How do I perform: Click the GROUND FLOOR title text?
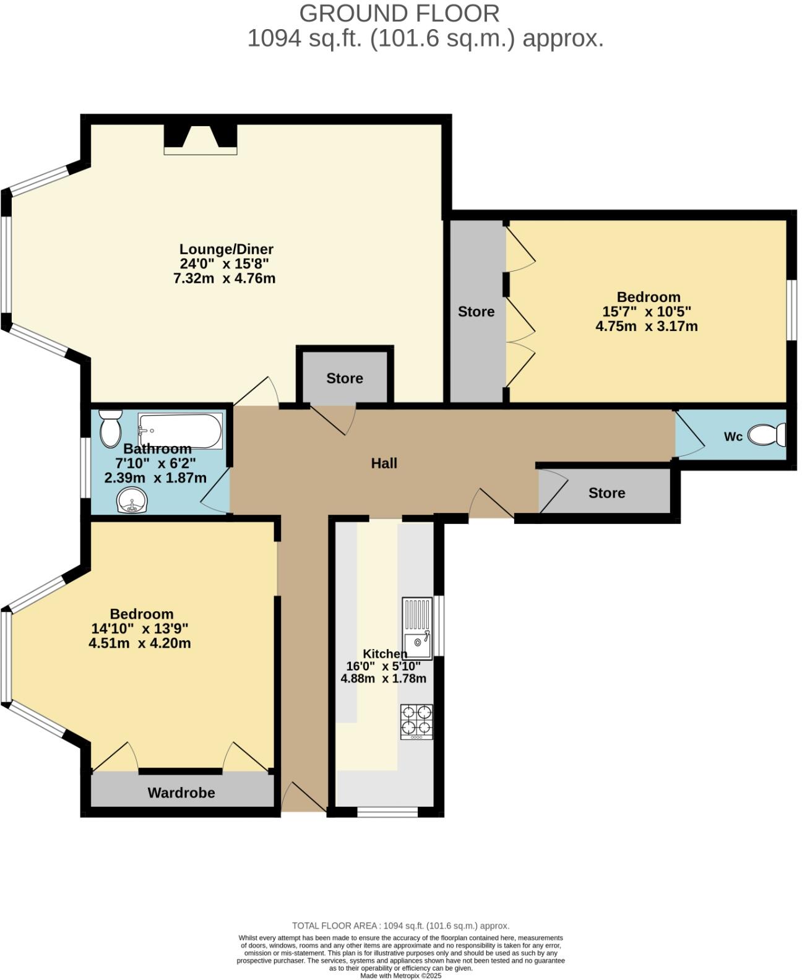399,13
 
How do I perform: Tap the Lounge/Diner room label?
226,249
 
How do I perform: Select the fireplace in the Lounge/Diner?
200,139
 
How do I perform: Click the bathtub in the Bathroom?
180,431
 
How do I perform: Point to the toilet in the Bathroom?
111,428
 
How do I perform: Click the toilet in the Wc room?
767,435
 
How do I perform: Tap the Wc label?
733,437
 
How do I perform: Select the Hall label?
384,463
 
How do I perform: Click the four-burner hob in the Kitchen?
416,721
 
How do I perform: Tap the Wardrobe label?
181,793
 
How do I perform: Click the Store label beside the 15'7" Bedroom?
476,312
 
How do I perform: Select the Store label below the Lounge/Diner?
345,379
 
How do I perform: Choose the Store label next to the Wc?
606,493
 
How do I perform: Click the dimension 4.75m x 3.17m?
647,326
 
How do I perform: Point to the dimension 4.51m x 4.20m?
140,643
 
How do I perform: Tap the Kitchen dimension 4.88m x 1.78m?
384,678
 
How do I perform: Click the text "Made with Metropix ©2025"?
401,976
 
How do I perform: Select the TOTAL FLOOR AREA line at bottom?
400,926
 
